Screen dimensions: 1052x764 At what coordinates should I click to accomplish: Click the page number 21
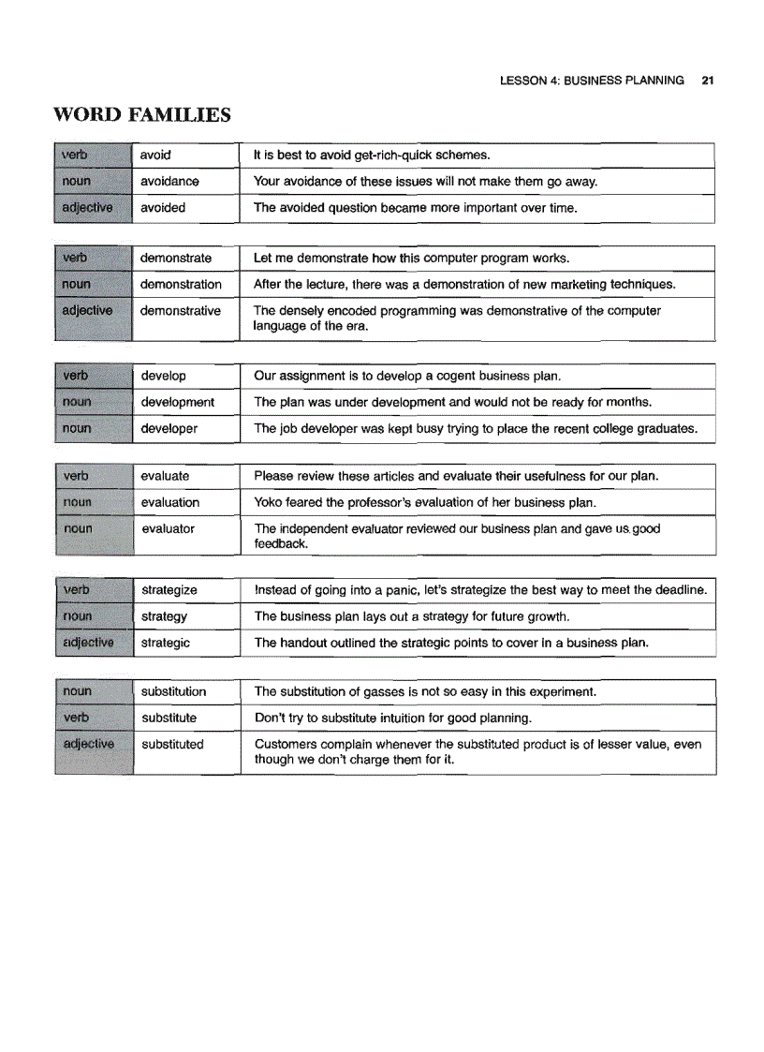point(708,81)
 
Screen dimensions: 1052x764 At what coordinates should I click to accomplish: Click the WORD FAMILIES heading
point(142,115)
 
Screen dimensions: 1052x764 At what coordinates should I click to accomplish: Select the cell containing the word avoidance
point(169,182)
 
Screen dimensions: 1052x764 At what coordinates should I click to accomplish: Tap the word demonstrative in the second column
point(181,310)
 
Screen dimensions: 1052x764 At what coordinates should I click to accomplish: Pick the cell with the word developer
point(169,428)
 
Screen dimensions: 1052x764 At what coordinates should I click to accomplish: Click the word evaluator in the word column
point(168,528)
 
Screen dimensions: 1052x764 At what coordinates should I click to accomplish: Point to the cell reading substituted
point(172,744)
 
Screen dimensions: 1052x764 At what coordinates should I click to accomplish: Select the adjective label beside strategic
point(86,643)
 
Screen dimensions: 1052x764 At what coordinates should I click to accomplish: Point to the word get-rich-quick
point(392,156)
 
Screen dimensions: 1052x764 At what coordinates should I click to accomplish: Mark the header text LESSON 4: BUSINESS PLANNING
point(592,81)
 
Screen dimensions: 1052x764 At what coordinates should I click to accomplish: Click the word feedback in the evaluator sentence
point(281,543)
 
